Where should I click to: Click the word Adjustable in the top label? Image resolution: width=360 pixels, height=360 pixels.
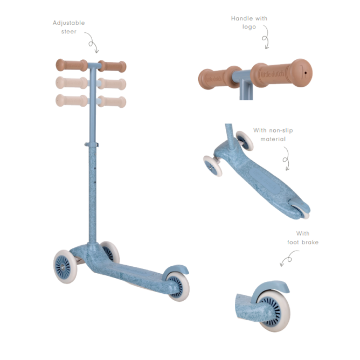[x=69, y=23]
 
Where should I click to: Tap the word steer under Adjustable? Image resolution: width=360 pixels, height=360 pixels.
[x=69, y=32]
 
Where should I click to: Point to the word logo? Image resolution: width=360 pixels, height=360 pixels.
[x=249, y=27]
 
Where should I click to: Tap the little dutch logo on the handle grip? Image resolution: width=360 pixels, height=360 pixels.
[x=273, y=74]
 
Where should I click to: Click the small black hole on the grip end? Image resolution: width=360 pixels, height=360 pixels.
[x=305, y=73]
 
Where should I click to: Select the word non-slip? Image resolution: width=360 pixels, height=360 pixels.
[x=281, y=130]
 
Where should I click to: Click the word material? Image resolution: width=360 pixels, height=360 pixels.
[x=273, y=139]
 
